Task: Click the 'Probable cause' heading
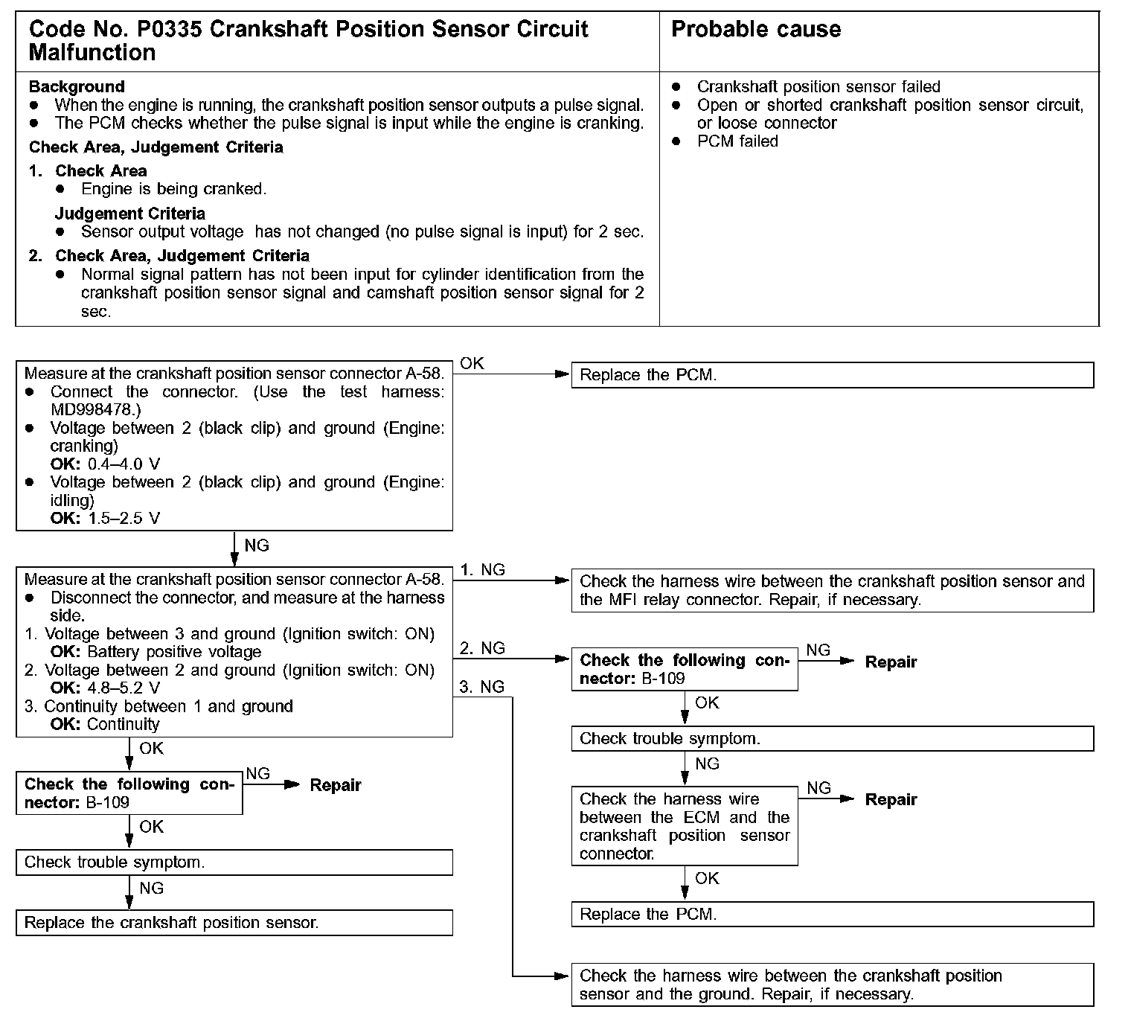756,30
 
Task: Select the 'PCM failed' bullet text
737,141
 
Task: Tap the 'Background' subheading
77,86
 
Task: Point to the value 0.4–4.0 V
124,464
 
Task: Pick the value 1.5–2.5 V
124,519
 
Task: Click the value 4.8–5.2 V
124,688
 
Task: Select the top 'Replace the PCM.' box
832,375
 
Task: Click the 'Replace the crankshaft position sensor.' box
234,923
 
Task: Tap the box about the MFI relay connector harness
832,591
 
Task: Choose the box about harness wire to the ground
832,985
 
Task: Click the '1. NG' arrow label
482,570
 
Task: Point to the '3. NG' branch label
482,687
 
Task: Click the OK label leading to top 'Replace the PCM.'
472,363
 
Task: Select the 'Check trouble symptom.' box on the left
234,862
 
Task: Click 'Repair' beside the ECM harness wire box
891,800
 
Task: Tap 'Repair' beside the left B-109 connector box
336,785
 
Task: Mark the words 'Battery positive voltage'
175,653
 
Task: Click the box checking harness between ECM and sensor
685,827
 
